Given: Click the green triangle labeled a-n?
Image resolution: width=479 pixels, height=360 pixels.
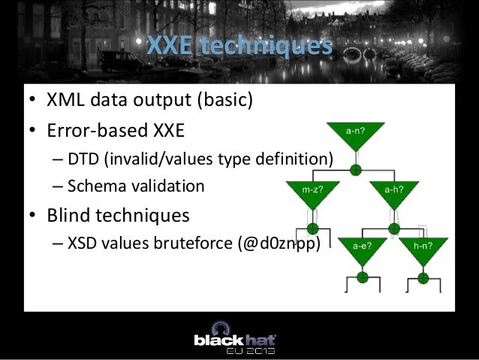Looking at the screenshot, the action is click(x=355, y=135).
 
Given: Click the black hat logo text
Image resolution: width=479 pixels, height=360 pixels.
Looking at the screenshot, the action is click(x=236, y=339).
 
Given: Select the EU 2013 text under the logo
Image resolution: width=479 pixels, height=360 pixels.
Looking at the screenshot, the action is click(x=251, y=350).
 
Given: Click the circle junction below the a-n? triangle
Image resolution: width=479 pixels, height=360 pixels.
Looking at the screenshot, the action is click(x=355, y=169).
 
